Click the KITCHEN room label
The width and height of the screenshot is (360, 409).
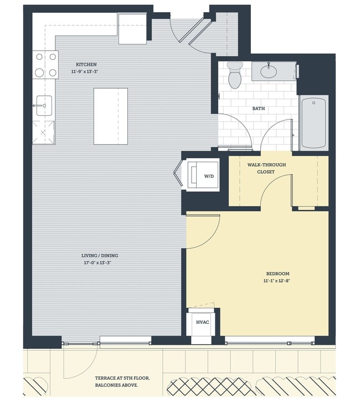86,65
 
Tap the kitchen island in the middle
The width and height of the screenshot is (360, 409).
111,116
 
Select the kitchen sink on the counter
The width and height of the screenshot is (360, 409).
44,105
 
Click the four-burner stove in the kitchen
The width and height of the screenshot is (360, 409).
45,64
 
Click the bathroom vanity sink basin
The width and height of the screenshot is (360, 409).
270,71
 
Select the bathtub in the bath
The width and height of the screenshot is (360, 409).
314,123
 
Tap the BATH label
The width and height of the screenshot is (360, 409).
258,108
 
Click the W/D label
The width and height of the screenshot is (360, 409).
209,176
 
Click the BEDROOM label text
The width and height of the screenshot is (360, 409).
277,273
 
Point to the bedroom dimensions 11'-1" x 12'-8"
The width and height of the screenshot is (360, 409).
277,281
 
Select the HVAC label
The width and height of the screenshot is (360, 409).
202,323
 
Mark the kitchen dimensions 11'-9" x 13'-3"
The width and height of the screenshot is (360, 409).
86,72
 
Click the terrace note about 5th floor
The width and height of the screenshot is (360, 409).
122,381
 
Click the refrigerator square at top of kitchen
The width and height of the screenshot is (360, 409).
132,29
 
